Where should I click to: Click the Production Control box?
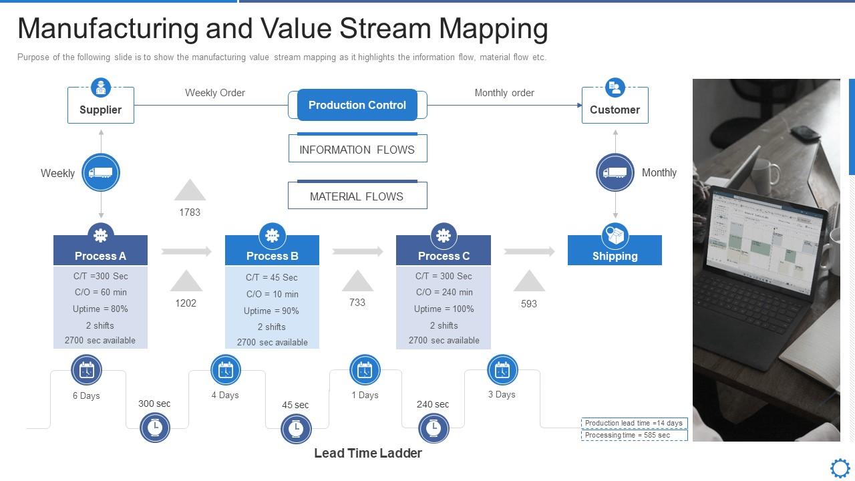(x=357, y=105)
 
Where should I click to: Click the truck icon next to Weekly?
(x=101, y=172)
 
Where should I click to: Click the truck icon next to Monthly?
(x=615, y=172)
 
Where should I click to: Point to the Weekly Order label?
(x=214, y=93)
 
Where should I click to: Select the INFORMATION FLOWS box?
(x=357, y=150)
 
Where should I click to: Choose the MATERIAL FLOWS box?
(x=357, y=196)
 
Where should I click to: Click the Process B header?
(x=272, y=256)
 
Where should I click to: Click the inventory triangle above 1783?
(x=190, y=191)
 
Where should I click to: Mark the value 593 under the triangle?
(x=528, y=303)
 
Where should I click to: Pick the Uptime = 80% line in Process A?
(x=100, y=309)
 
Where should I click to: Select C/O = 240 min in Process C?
(x=444, y=292)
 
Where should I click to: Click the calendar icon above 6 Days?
(x=87, y=369)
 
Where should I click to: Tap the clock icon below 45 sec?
(x=296, y=428)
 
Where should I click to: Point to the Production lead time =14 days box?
(x=634, y=423)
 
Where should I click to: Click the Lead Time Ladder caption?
(x=368, y=453)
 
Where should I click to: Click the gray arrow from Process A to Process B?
(x=186, y=251)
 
